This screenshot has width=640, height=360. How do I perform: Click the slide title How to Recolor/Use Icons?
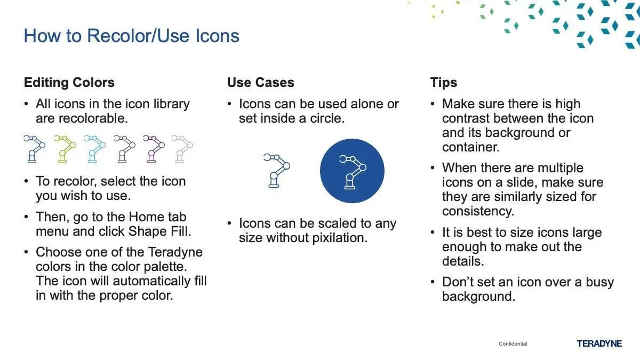click(131, 36)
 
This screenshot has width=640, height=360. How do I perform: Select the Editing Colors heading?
click(69, 83)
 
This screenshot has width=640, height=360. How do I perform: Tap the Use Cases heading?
click(261, 83)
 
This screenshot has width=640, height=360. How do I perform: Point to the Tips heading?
click(443, 83)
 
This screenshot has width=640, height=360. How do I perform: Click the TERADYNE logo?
click(599, 343)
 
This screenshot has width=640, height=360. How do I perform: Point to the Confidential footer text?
click(513, 343)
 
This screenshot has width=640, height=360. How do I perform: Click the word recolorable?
click(93, 118)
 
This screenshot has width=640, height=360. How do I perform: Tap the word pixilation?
click(340, 238)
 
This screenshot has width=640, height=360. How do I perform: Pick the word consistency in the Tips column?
click(478, 211)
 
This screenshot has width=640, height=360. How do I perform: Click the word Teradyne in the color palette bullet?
click(175, 252)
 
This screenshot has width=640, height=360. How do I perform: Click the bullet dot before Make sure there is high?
click(433, 103)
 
